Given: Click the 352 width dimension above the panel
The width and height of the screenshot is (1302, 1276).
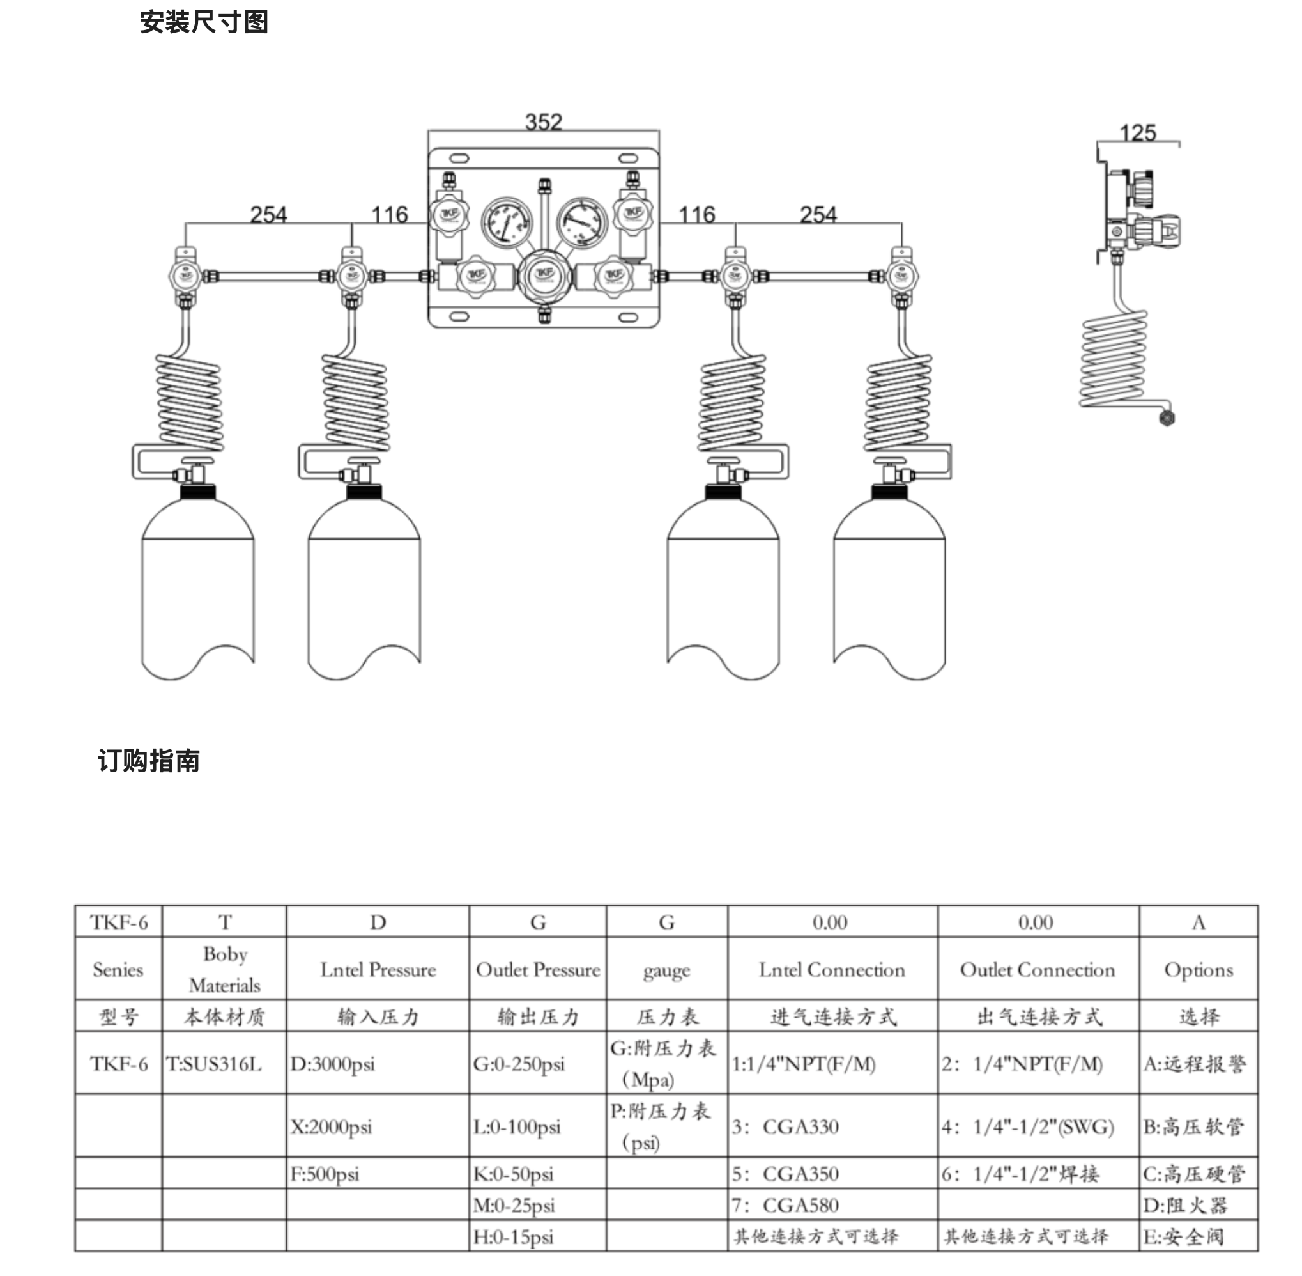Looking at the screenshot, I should click(x=543, y=122).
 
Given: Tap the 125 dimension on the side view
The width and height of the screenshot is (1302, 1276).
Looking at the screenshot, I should click(x=1138, y=133).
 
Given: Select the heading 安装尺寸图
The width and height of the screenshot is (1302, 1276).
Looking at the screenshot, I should click(x=204, y=22).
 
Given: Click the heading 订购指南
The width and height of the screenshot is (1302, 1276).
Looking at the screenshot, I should click(x=148, y=761).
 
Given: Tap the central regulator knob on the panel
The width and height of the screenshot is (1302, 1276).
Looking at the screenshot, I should click(x=544, y=276).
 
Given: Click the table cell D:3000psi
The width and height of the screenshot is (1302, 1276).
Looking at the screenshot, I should click(x=332, y=1064).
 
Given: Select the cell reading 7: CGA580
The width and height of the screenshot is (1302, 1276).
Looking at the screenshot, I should click(x=785, y=1206).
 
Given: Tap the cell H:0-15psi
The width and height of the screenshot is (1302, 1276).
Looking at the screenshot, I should click(x=514, y=1237).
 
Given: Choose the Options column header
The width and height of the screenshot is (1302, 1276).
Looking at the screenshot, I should click(x=1199, y=970).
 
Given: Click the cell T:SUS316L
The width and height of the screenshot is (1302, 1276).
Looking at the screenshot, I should click(x=213, y=1064).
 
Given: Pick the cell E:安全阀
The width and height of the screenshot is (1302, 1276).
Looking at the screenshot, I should click(x=1183, y=1237).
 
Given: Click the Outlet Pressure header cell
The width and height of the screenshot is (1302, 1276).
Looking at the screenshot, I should click(x=538, y=970).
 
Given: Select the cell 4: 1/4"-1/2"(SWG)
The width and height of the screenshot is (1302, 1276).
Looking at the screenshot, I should click(x=1028, y=1127).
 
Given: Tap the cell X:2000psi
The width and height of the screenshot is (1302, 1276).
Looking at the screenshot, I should click(x=331, y=1127).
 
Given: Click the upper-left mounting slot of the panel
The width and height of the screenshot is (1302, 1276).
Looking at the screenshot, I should click(x=459, y=159).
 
